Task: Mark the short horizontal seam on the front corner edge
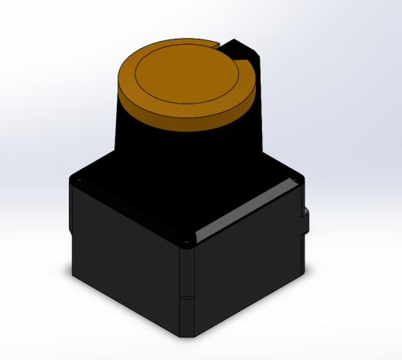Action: click(186, 297)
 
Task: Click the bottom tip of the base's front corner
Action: click(188, 337)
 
